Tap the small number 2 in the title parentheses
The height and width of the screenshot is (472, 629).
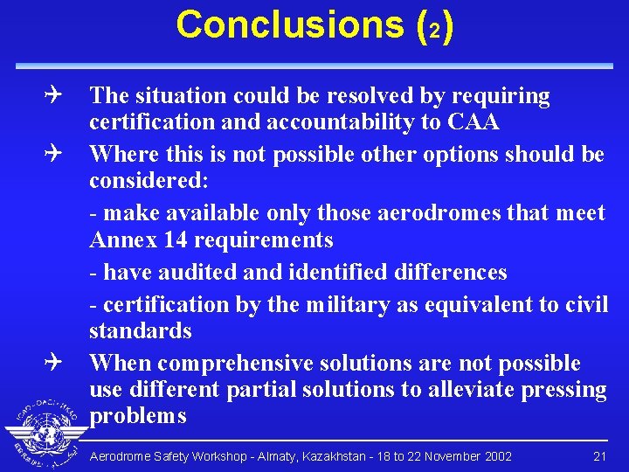coord(433,28)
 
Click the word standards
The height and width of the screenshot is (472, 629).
coord(140,331)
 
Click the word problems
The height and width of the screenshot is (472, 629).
coord(138,416)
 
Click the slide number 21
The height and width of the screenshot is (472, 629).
coord(599,456)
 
